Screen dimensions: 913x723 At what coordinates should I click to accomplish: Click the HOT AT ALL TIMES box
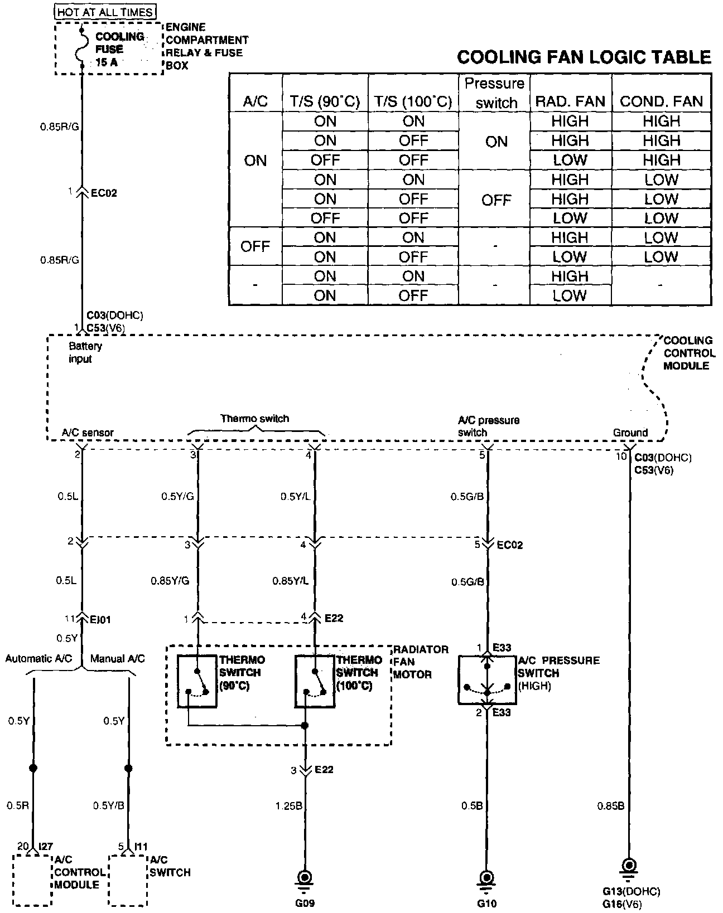click(105, 11)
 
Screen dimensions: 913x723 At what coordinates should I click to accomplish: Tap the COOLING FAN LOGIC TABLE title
click(584, 57)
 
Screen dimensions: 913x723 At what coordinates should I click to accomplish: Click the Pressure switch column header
click(495, 93)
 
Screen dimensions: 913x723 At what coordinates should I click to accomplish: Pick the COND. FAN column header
click(661, 101)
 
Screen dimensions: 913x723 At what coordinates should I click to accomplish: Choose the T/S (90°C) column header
click(325, 101)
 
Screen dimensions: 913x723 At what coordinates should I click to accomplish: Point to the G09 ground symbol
click(305, 877)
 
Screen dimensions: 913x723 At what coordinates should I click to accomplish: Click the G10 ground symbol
click(486, 877)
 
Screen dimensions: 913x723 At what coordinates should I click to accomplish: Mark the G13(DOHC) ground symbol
click(629, 866)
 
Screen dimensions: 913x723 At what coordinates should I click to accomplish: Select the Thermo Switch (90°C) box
click(197, 681)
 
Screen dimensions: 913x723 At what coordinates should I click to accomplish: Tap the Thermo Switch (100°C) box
click(315, 681)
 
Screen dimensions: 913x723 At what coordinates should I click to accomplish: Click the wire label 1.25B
click(288, 806)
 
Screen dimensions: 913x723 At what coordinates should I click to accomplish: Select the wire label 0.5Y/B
click(108, 805)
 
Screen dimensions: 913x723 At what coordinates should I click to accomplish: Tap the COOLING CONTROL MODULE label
click(688, 353)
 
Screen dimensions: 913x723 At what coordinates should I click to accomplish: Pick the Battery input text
click(85, 352)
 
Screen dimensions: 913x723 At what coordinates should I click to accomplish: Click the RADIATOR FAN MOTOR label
click(413, 662)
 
